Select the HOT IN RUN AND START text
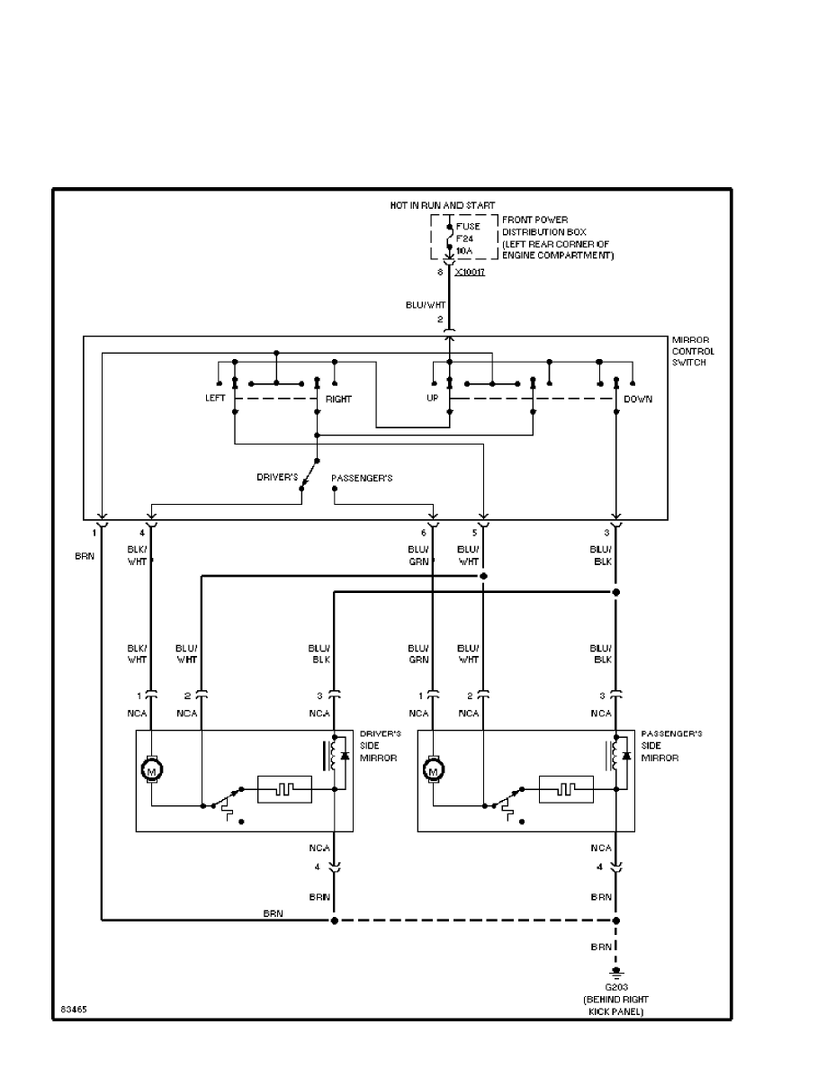point(442,206)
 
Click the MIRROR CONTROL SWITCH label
point(693,351)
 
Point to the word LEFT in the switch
point(215,399)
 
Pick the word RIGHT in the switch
point(338,399)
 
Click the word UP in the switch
point(433,399)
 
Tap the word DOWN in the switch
point(638,399)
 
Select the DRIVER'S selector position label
point(278,477)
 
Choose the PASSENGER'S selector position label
point(362,477)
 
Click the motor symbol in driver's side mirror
point(151,770)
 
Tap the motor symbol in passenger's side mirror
point(434,770)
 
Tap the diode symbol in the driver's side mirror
point(345,753)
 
